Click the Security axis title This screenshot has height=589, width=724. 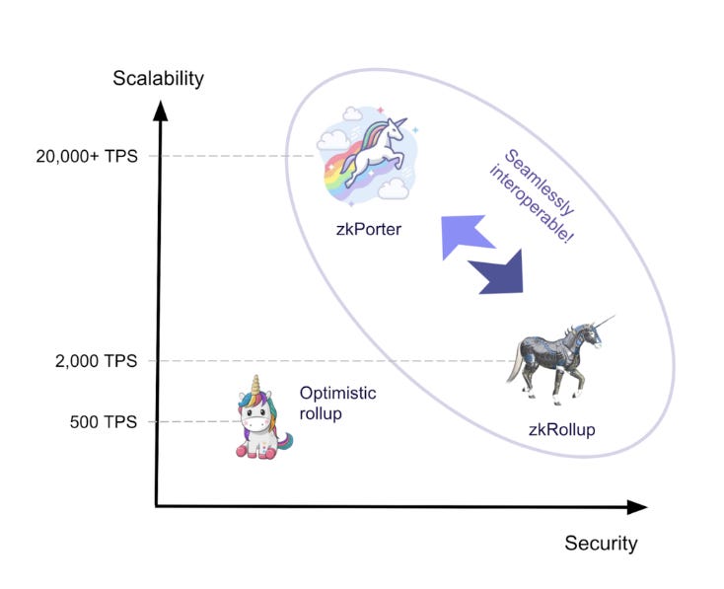(601, 543)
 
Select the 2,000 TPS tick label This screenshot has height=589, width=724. (95, 360)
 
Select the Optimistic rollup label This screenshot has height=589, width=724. (338, 403)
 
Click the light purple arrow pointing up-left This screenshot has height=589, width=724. (468, 236)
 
